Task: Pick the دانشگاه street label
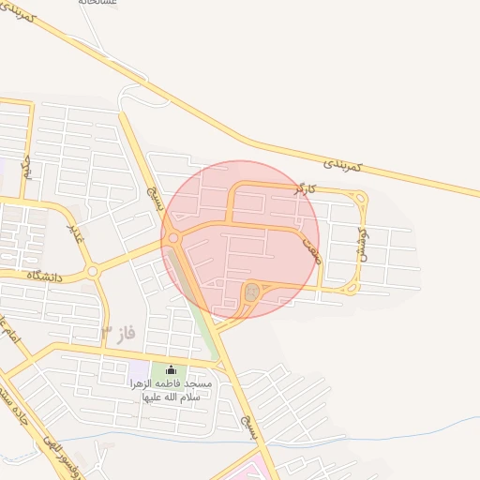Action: tap(42, 276)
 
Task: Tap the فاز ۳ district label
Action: tap(120, 333)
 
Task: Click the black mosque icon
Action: tap(170, 370)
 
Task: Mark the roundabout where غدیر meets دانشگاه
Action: tap(92, 272)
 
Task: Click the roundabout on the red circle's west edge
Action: tap(173, 239)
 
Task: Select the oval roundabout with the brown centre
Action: tap(251, 292)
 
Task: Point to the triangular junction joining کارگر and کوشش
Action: tap(358, 198)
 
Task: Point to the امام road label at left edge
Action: tap(7, 333)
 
